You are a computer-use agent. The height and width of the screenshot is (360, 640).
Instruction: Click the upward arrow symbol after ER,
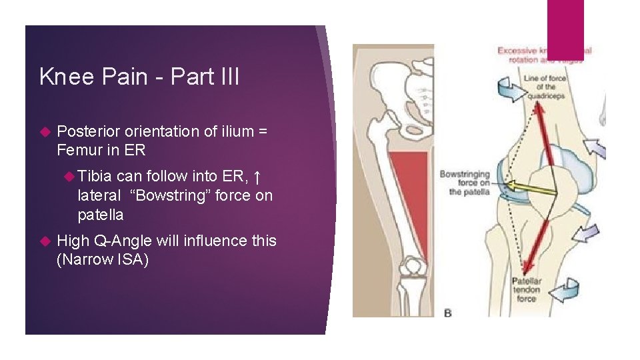point(258,177)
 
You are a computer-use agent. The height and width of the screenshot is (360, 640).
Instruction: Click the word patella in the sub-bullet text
point(100,215)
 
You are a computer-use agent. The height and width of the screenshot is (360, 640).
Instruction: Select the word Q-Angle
point(124,241)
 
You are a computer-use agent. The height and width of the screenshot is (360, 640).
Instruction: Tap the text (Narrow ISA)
point(103,259)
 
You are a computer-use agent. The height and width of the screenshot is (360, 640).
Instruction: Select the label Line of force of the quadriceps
point(544,87)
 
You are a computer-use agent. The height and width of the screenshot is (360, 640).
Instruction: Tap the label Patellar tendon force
point(527,290)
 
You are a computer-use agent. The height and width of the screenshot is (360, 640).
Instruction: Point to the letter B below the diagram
point(447,313)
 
